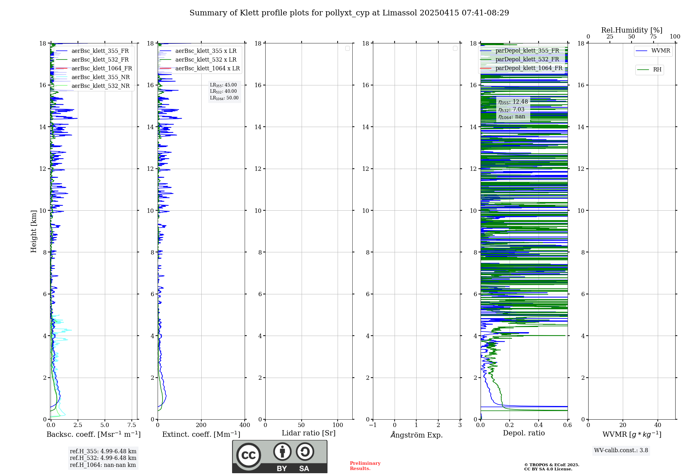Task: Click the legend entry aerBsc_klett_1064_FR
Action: click(102, 69)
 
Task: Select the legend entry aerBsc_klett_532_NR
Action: click(100, 86)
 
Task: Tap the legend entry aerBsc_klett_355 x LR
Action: click(206, 51)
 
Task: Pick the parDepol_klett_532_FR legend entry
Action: click(527, 59)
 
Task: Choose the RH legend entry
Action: click(657, 70)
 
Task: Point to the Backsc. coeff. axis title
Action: click(94, 434)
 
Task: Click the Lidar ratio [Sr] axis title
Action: click(309, 433)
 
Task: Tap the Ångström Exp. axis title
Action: click(417, 435)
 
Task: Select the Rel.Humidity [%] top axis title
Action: click(632, 30)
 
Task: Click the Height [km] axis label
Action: click(34, 231)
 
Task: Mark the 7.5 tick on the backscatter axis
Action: click(132, 425)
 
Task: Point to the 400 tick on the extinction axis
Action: click(245, 425)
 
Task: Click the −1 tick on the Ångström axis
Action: click(373, 425)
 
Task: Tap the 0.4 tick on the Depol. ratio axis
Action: click(539, 425)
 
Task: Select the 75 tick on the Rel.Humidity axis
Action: click(653, 37)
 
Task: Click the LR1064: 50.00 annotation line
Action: click(224, 98)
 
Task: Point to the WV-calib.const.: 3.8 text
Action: click(621, 450)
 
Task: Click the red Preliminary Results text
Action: click(365, 466)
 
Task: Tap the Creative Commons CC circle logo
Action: click(248, 455)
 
